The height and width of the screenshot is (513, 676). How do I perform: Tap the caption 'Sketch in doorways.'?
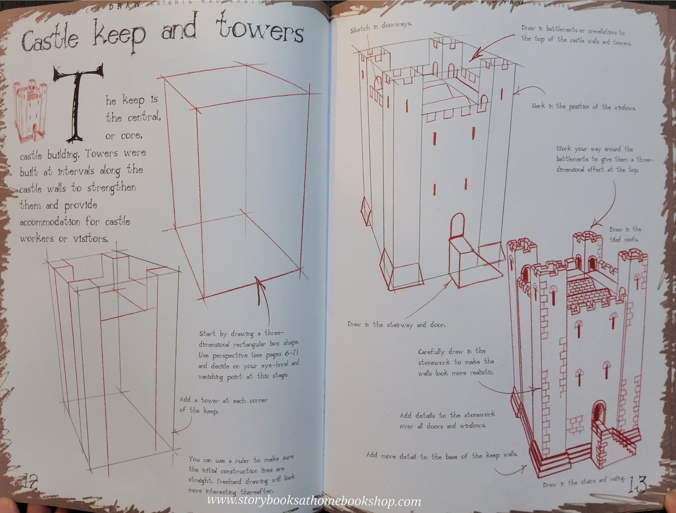[x=381, y=27]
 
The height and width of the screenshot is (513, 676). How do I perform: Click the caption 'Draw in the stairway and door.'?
[x=396, y=325]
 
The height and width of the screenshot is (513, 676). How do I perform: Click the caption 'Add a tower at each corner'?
[x=223, y=405]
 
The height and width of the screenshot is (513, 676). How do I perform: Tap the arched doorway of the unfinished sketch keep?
[x=457, y=227]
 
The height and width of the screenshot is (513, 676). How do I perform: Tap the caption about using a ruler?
[x=241, y=475]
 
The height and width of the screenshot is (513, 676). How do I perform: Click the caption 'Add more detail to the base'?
[x=441, y=456]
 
